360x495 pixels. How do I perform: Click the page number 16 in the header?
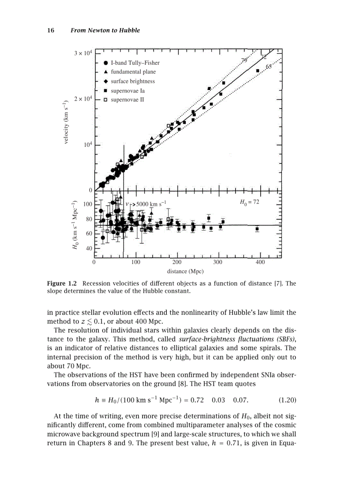(x=50, y=30)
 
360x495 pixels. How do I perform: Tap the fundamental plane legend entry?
(x=133, y=72)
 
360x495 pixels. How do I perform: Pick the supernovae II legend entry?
(x=127, y=100)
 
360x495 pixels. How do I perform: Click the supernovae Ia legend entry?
(x=127, y=90)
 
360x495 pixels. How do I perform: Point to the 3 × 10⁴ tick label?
(x=82, y=53)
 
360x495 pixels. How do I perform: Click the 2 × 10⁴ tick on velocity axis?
(x=82, y=99)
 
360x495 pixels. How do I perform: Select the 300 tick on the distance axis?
(x=218, y=262)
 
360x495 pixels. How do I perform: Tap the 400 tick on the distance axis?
(x=260, y=262)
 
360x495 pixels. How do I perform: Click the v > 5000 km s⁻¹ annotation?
(x=146, y=204)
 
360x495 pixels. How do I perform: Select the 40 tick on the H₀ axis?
(x=88, y=248)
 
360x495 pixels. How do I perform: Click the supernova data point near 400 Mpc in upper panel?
(x=258, y=71)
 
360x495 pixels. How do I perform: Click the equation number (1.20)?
(x=287, y=400)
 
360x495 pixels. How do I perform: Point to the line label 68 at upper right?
(x=269, y=67)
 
